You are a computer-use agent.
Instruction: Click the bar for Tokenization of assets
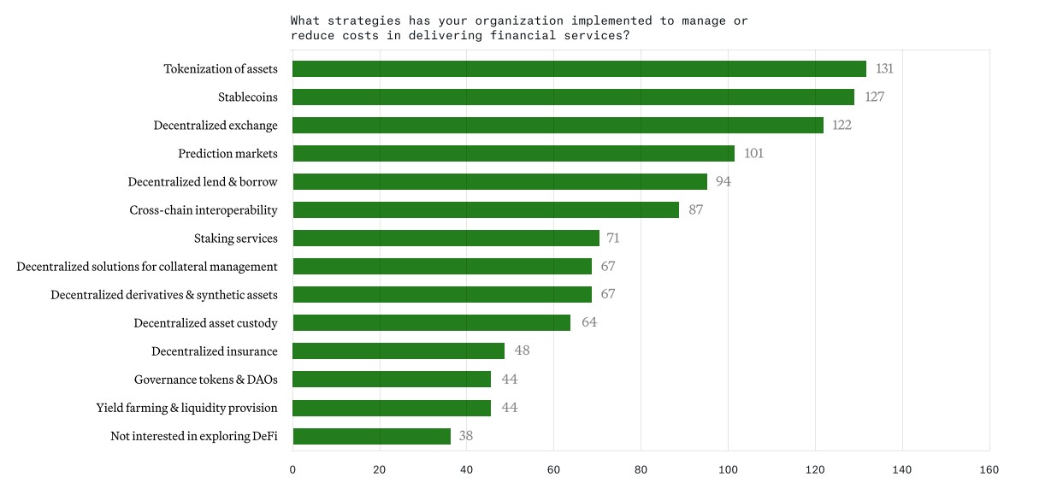point(579,69)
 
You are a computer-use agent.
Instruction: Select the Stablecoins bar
point(573,97)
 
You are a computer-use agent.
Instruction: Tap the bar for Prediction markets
point(513,154)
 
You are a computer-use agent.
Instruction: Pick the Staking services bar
point(446,239)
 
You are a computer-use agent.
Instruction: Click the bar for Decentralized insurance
point(399,351)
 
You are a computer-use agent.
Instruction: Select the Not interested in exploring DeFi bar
point(371,436)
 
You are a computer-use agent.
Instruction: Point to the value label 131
point(884,69)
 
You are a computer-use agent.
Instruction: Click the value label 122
point(842,126)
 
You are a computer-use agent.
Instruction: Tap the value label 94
point(723,182)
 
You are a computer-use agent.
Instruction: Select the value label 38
point(466,436)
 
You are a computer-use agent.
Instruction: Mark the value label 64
point(589,323)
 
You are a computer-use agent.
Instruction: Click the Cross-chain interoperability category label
point(204,210)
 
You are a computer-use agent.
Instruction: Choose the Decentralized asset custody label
point(205,323)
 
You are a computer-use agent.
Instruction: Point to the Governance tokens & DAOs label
point(205,380)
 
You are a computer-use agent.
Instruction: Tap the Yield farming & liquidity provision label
point(186,408)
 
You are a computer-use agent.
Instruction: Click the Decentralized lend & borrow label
point(203,182)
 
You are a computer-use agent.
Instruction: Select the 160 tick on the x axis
point(989,469)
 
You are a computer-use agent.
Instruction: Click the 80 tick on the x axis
point(641,469)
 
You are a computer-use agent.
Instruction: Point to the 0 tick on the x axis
point(292,469)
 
